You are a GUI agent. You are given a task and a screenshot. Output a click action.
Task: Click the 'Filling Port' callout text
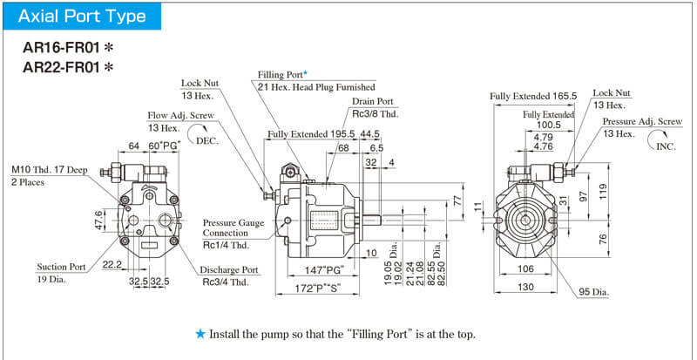[285, 75]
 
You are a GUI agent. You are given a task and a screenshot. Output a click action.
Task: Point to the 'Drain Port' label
[373, 101]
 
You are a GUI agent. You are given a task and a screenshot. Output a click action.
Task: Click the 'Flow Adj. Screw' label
[181, 114]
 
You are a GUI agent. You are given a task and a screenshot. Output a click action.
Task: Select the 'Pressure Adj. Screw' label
[642, 121]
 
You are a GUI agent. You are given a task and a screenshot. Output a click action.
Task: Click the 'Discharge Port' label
[231, 269]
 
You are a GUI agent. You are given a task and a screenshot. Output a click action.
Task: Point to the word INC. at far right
[666, 146]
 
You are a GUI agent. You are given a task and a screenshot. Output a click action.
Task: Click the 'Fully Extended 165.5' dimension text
[534, 95]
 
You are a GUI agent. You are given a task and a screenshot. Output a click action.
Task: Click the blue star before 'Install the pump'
[200, 334]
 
